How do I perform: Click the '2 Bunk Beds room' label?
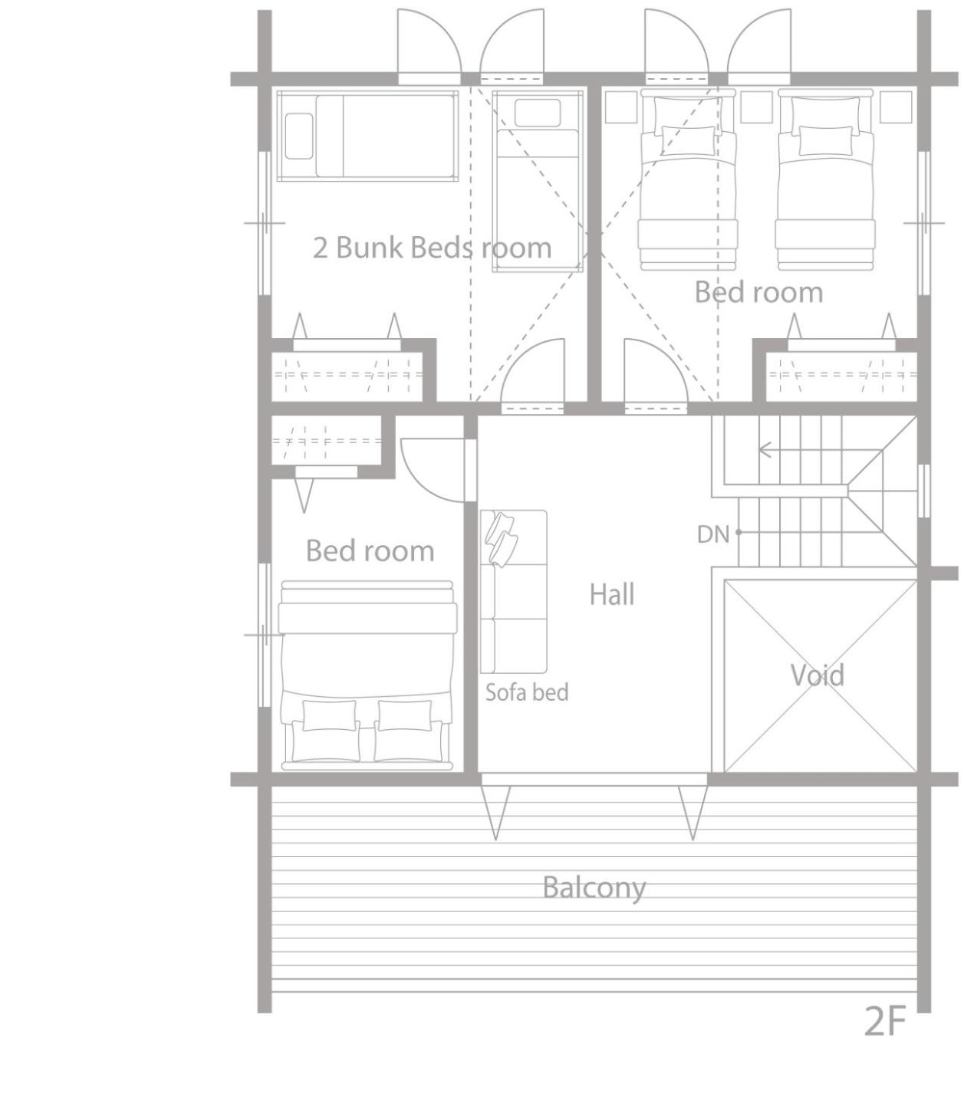pos(432,248)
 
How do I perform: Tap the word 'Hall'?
pos(611,594)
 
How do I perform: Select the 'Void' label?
pos(817,675)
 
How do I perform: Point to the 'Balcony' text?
pos(594,889)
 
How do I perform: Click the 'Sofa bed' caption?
pos(527,692)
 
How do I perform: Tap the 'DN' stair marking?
pos(713,534)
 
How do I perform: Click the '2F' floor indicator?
pos(884,1021)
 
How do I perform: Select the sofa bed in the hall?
pos(513,592)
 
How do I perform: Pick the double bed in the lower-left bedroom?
pos(367,675)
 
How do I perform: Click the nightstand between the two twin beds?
pos(756,107)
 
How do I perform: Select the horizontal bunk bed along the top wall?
pos(367,136)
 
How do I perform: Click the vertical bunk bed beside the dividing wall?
pos(538,180)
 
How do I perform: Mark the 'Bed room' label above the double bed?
pos(370,550)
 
